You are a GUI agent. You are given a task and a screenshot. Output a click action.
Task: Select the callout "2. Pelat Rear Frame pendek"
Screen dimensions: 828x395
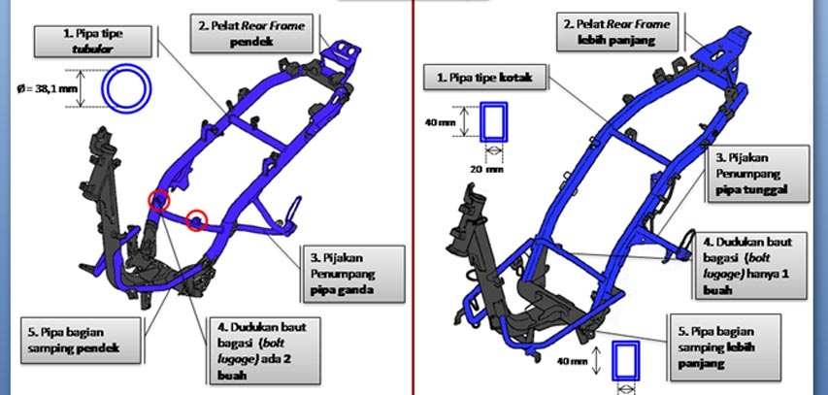tap(251, 33)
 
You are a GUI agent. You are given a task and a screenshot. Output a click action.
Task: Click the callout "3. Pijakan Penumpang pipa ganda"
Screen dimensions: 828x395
tap(353, 274)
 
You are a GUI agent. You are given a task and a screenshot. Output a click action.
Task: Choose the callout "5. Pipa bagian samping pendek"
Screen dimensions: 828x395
tap(81, 340)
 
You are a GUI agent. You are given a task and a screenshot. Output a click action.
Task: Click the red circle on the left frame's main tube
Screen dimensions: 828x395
tap(159, 201)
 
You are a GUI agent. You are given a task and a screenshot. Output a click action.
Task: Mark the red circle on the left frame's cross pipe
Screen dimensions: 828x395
tap(196, 220)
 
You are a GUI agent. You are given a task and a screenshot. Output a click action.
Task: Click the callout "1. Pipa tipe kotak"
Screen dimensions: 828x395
tap(484, 78)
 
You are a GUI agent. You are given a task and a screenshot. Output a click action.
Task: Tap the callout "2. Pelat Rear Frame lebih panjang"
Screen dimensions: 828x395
tap(617, 32)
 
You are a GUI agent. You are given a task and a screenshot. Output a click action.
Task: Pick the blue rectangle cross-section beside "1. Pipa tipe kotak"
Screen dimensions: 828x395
tap(493, 122)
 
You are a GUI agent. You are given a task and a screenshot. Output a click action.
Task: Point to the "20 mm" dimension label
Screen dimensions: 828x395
tap(492, 170)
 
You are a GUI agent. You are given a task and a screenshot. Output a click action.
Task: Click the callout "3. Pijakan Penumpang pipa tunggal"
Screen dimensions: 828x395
tap(755, 174)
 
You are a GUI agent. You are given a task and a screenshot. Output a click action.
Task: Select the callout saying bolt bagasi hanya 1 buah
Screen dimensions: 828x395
tap(749, 266)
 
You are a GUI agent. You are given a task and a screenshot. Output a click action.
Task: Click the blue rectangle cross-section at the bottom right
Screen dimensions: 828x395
tap(626, 361)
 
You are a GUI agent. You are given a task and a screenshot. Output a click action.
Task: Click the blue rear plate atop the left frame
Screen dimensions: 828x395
tap(344, 54)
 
